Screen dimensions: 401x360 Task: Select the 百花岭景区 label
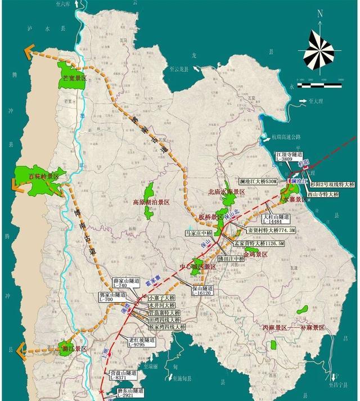coord(43,177)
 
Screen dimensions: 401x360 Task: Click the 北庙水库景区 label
coord(227,192)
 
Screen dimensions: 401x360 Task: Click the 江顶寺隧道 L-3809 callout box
coord(288,156)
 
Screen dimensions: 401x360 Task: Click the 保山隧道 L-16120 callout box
coord(201,290)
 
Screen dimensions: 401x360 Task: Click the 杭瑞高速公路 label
coord(286,137)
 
